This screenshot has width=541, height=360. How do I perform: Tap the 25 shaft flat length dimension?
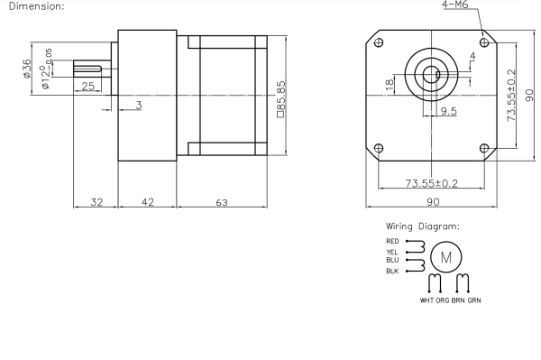tap(87, 87)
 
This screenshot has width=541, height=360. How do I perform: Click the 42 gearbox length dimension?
tap(147, 202)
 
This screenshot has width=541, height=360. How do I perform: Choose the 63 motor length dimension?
tap(221, 202)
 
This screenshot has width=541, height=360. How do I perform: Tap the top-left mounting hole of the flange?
tap(378, 42)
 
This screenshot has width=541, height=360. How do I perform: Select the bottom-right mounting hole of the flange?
tap(484, 148)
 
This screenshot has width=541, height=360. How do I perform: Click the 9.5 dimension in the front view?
tap(447, 111)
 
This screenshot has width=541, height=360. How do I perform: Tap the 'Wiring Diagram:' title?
tap(422, 226)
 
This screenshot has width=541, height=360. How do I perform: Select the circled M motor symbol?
tap(445, 258)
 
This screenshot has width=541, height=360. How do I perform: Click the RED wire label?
tap(392, 242)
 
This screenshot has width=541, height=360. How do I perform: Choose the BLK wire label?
tap(392, 271)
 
